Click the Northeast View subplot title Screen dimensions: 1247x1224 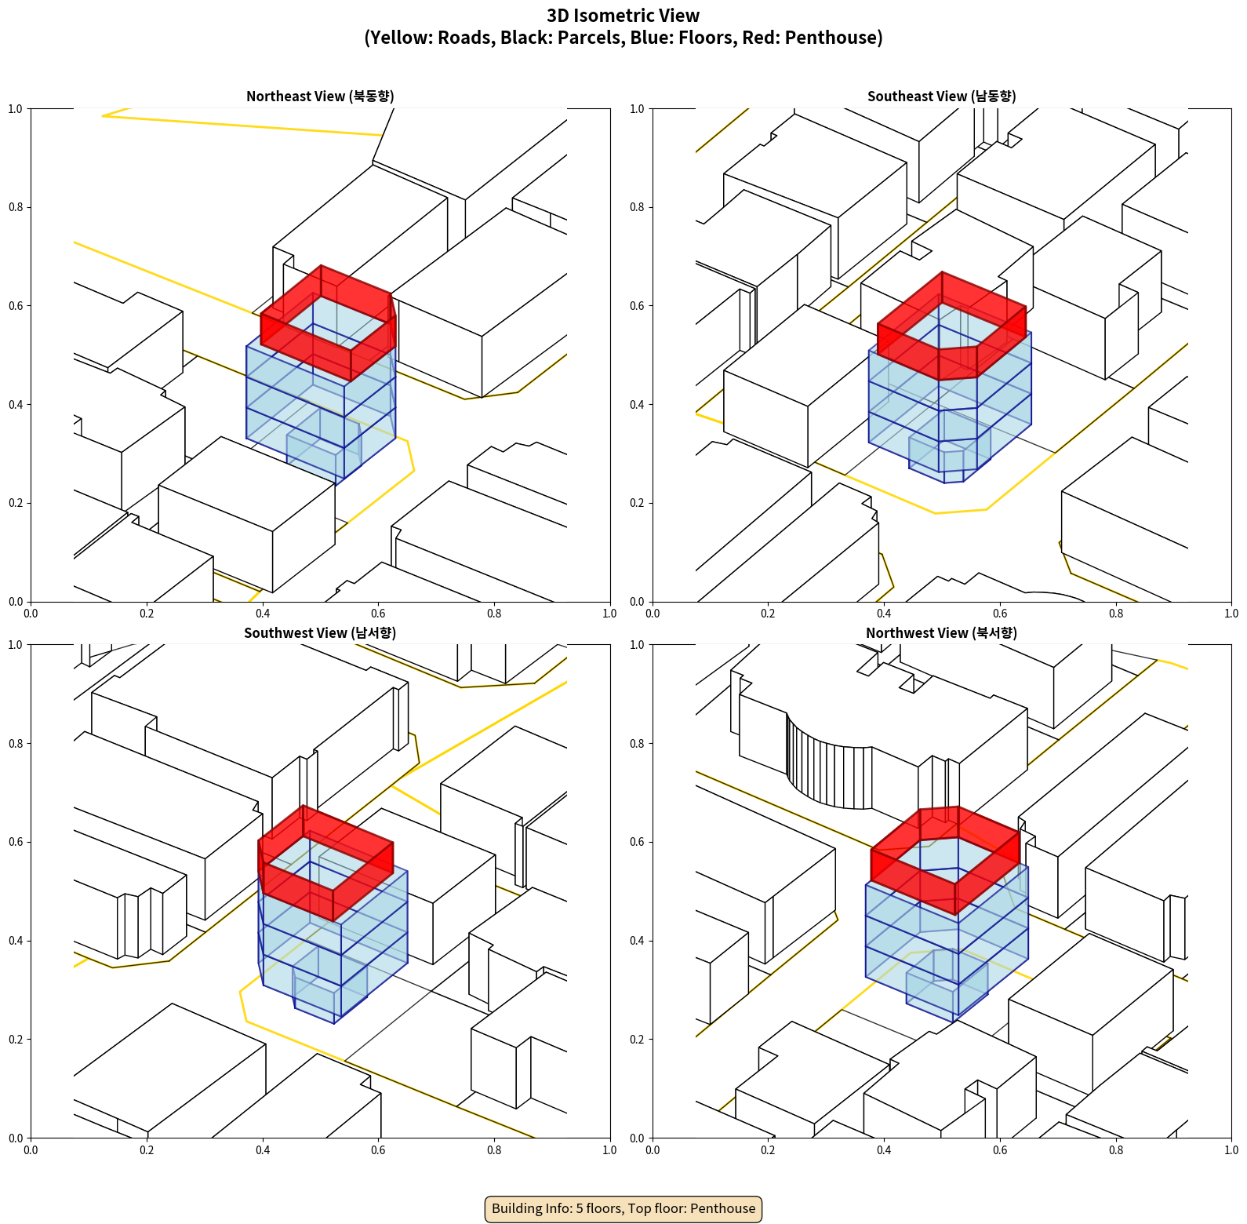320,97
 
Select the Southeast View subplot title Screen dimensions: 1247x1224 942,97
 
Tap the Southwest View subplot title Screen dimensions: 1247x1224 320,633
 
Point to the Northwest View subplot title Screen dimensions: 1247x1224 942,633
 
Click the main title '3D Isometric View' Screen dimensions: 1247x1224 623,16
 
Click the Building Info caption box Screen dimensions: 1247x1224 623,1208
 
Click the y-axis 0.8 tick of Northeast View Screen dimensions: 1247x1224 16,207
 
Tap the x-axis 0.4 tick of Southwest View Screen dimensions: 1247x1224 263,1150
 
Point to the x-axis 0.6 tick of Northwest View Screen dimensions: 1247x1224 1000,1150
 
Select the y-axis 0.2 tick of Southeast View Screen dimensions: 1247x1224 637,503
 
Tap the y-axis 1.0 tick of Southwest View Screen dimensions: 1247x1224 16,645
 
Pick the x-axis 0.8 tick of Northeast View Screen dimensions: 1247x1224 494,614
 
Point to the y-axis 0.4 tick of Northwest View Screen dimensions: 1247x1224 637,941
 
